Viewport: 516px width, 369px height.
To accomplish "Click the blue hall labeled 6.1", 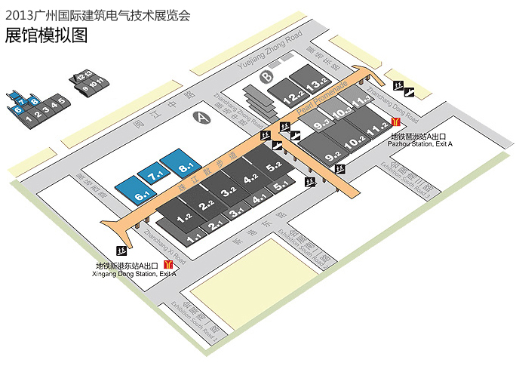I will pyautogui.click(x=137, y=192).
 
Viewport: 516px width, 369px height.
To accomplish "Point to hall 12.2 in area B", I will pyautogui.click(x=293, y=96).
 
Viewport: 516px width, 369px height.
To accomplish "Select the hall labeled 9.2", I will pyautogui.click(x=332, y=156).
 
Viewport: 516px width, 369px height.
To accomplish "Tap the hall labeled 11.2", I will pyautogui.click(x=377, y=130).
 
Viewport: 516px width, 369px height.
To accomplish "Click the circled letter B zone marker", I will pyautogui.click(x=266, y=77).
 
